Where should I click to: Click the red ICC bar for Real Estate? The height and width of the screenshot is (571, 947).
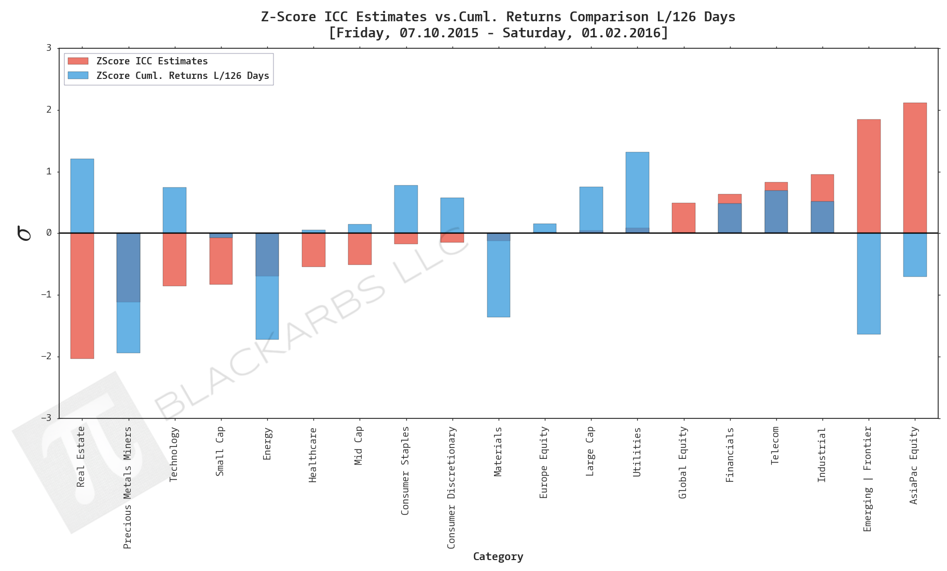(82, 296)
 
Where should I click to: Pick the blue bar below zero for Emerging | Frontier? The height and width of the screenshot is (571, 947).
(868, 283)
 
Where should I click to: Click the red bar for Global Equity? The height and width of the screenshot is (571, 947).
(683, 218)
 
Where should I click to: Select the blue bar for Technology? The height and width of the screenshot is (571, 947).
(174, 210)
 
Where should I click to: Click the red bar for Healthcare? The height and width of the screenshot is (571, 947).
(313, 250)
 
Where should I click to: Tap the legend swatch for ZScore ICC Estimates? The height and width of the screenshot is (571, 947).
(78, 61)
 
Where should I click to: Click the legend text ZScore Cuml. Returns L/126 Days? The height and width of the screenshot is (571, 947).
(183, 76)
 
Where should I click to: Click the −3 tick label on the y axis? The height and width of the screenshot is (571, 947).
(47, 418)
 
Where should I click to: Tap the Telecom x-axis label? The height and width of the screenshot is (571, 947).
(775, 445)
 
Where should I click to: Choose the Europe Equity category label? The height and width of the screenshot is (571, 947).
(544, 462)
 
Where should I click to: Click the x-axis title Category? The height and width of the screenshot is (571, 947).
(498, 556)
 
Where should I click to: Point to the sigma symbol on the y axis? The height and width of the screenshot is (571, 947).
(24, 233)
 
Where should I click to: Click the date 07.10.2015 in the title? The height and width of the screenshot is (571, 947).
(438, 33)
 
